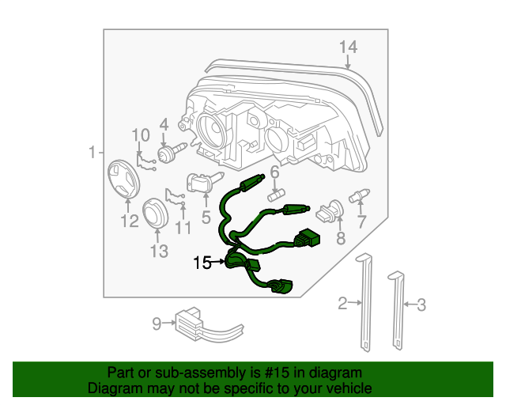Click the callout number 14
pos(348,47)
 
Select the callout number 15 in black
pos(202,263)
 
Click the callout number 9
pos(157,323)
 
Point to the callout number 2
pos(343,302)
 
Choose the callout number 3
pos(421,304)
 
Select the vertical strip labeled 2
pos(365,301)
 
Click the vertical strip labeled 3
pos(395,308)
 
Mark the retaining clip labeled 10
pos(145,161)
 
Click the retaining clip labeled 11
pos(176,198)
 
